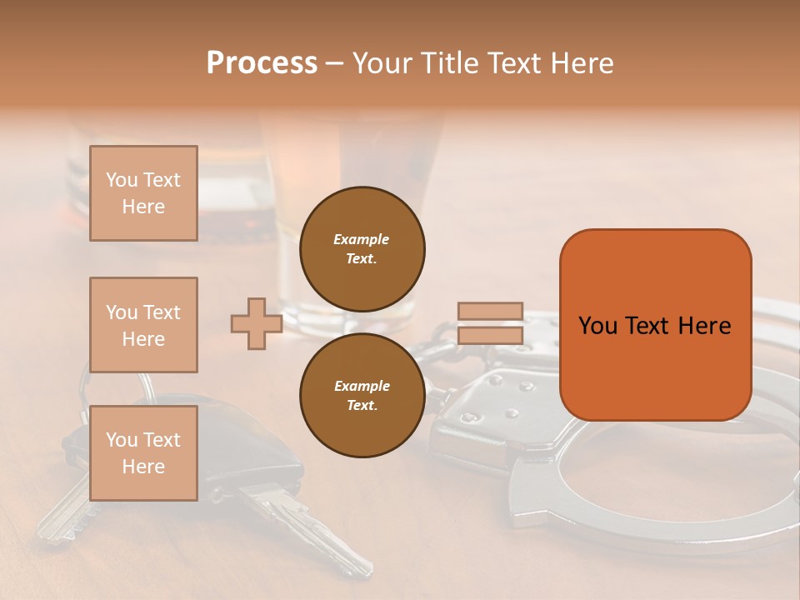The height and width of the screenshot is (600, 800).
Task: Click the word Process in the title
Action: click(262, 63)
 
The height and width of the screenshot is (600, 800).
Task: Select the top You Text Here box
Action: click(143, 193)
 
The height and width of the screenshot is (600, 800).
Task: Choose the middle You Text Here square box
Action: click(143, 325)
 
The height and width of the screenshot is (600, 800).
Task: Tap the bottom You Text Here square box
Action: click(143, 452)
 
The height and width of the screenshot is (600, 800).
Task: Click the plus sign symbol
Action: click(256, 324)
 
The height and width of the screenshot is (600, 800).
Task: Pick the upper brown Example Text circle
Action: click(362, 249)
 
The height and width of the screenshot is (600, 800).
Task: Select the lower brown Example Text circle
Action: click(362, 396)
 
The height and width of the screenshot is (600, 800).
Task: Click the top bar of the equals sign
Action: click(490, 312)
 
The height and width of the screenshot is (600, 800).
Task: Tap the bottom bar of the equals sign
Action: click(490, 336)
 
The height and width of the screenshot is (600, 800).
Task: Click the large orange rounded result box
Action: click(655, 324)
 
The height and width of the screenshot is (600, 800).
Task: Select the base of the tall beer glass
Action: click(350, 321)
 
